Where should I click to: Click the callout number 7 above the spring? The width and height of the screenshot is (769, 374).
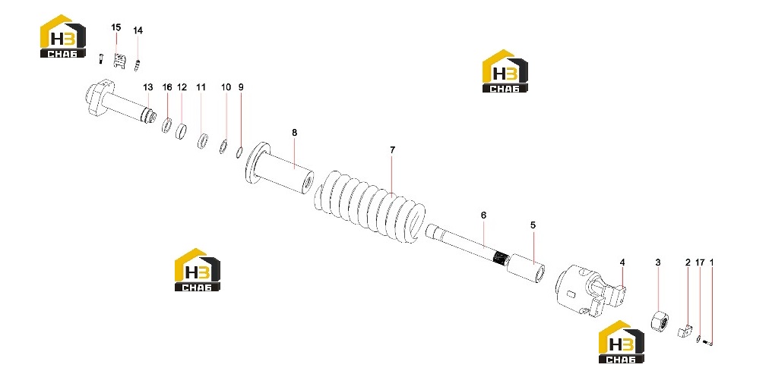click(392, 150)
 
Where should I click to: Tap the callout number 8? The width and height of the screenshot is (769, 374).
click(294, 133)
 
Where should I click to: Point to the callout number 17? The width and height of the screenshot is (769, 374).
click(700, 263)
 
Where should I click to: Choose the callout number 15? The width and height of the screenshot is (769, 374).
click(116, 27)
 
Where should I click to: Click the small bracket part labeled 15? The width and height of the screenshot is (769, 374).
click(118, 61)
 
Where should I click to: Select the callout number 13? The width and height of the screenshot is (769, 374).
click(148, 87)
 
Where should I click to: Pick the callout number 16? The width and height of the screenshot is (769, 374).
click(167, 87)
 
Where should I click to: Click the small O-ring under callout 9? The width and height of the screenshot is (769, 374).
click(239, 152)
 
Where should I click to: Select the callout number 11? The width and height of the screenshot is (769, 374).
click(201, 87)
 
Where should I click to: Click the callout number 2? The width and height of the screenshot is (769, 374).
click(688, 263)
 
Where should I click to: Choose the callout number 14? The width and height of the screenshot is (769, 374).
click(138, 30)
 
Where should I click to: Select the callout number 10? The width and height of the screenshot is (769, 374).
click(226, 87)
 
